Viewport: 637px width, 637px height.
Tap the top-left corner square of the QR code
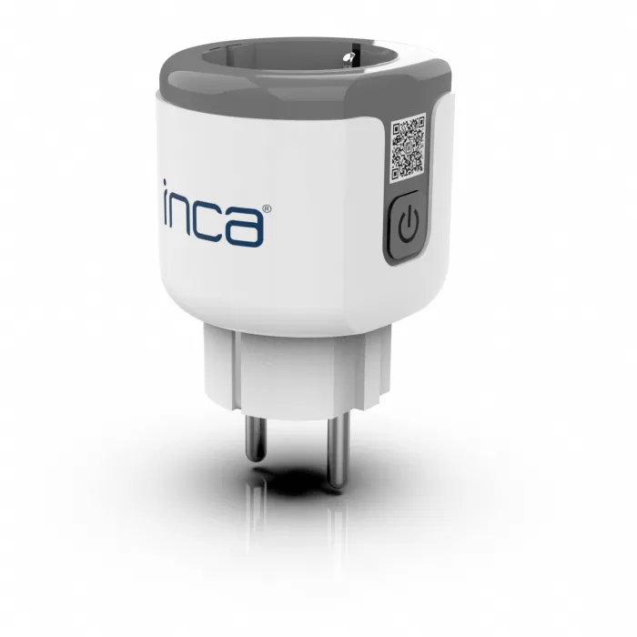click(398, 129)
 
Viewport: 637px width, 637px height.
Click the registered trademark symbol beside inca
click(266, 209)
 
